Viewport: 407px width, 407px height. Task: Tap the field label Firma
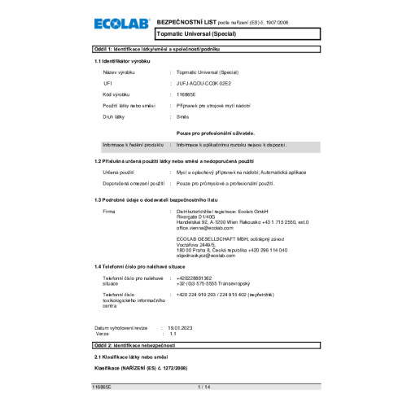[110, 211]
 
